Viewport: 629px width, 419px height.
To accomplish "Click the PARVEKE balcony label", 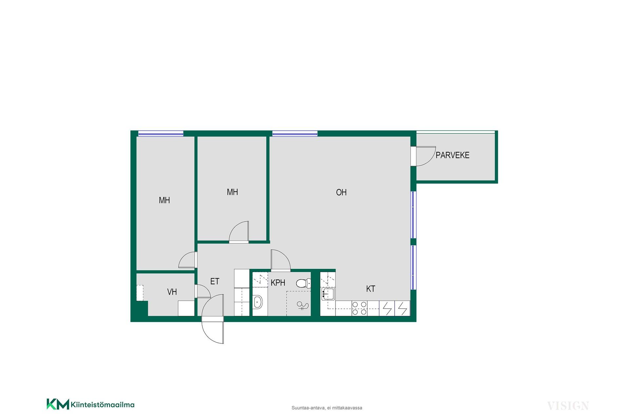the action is (452, 155).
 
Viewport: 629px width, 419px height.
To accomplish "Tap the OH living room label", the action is (341, 192).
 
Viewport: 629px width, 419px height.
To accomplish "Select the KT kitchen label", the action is (371, 289).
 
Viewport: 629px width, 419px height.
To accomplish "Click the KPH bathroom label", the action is (278, 282).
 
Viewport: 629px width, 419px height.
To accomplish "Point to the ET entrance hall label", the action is (215, 281).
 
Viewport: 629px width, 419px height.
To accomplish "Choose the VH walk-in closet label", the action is (172, 292).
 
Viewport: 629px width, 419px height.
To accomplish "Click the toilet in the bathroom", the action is (303, 283).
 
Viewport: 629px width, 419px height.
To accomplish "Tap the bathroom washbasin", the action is (258, 301).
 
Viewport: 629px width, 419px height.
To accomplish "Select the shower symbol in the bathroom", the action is (302, 306).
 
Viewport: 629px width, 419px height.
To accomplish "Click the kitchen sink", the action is (328, 294).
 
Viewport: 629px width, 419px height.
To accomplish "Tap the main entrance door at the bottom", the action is (213, 319).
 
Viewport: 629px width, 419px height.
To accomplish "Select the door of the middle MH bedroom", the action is (239, 232).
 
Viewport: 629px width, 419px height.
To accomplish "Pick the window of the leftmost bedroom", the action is (161, 133).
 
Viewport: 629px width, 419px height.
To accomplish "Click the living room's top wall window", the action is (295, 133).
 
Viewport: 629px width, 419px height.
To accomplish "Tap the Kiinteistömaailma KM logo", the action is (91, 404).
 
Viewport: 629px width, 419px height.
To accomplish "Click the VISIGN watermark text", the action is (568, 406).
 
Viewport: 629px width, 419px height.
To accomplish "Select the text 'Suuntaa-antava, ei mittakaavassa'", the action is (327, 408).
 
